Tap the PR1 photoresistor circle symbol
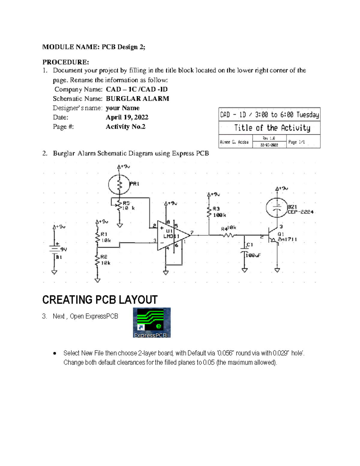(x=119, y=185)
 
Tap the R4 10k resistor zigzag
(x=229, y=235)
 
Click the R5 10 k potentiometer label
(x=129, y=206)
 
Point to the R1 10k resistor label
(x=106, y=237)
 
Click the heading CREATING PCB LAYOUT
(x=100, y=300)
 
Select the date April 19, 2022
(x=127, y=117)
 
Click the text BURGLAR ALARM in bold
(x=137, y=99)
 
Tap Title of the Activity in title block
(x=272, y=128)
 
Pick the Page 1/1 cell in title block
(x=296, y=142)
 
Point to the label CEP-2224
(x=301, y=212)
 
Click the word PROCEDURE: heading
(x=66, y=62)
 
